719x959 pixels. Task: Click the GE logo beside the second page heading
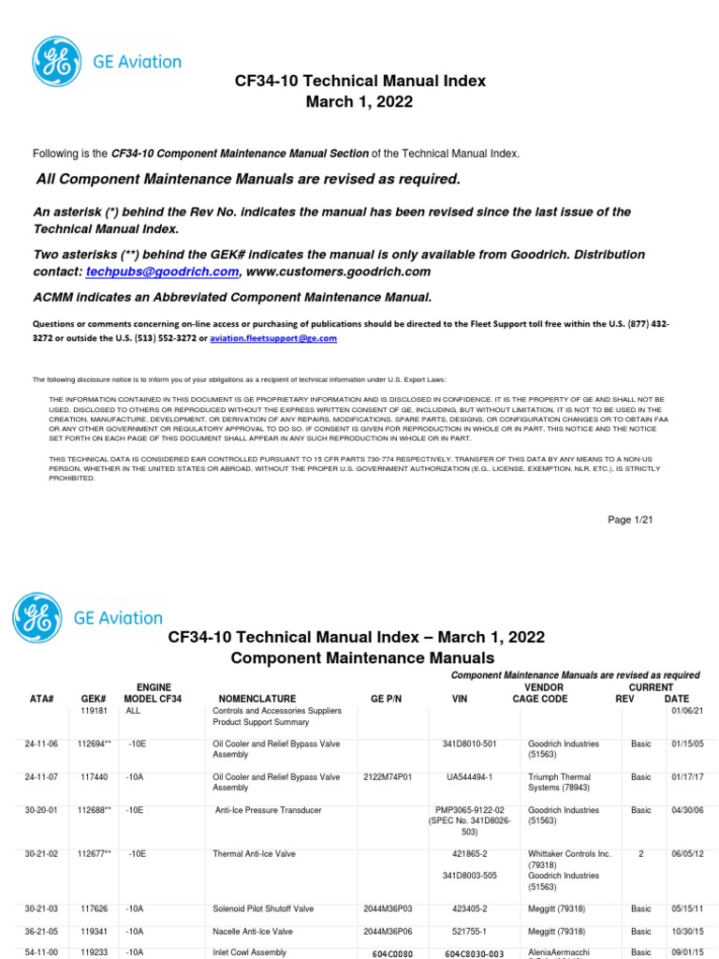pyautogui.click(x=37, y=617)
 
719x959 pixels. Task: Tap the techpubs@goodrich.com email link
pyautogui.click(x=162, y=272)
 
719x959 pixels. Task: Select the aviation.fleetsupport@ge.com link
pyautogui.click(x=272, y=338)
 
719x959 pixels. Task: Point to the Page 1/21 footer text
pyautogui.click(x=632, y=521)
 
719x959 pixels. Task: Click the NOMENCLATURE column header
pyautogui.click(x=257, y=699)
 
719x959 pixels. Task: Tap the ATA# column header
pyautogui.click(x=42, y=699)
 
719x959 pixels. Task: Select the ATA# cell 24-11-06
pyautogui.click(x=42, y=744)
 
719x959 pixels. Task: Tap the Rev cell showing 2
pyautogui.click(x=641, y=854)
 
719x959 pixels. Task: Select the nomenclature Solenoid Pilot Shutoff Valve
pyautogui.click(x=263, y=908)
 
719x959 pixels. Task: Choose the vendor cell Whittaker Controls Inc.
pyautogui.click(x=569, y=854)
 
